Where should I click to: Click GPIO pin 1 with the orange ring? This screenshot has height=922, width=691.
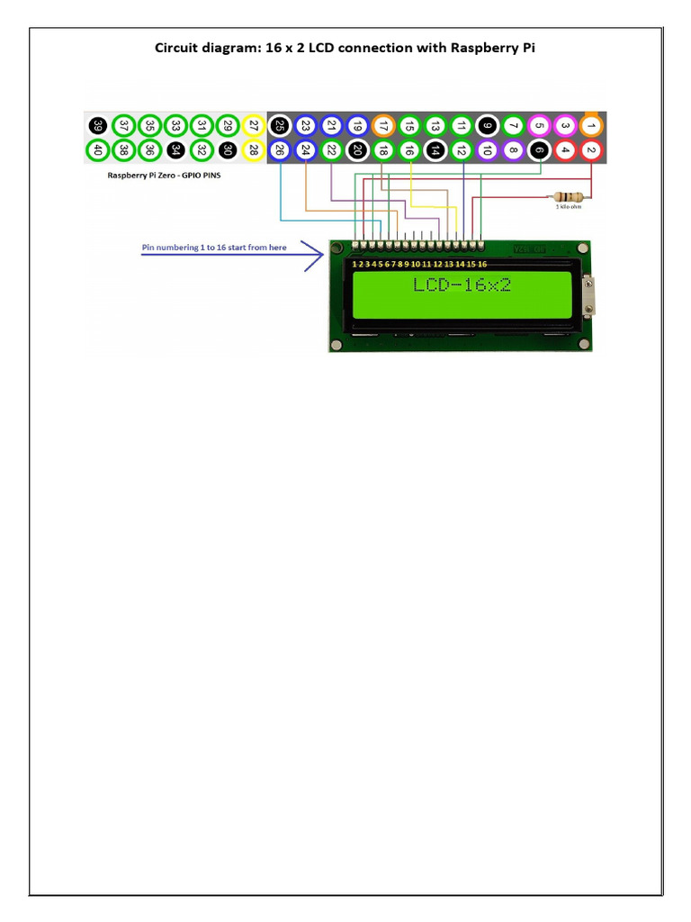click(x=591, y=126)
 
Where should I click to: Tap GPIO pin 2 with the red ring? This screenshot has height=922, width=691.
click(x=591, y=150)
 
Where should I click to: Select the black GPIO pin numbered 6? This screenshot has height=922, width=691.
click(x=539, y=150)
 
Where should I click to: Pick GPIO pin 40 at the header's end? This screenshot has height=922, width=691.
click(x=98, y=150)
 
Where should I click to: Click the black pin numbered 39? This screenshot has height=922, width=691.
click(x=98, y=126)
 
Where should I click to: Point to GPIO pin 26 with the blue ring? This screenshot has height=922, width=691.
click(x=280, y=150)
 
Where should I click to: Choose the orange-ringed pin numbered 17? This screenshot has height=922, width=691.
click(x=383, y=126)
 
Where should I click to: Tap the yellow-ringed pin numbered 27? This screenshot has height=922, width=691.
click(x=254, y=126)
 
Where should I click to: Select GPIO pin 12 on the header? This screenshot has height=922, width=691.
click(x=462, y=150)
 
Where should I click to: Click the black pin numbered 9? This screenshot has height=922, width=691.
click(x=487, y=126)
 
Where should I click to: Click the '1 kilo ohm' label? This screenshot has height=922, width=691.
click(x=569, y=206)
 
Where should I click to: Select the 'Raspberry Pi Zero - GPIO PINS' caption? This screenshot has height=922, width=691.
click(x=164, y=176)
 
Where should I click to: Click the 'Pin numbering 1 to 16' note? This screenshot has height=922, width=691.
click(x=214, y=247)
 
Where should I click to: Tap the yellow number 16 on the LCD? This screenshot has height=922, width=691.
click(x=482, y=265)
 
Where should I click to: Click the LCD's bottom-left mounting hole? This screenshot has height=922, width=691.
click(x=337, y=345)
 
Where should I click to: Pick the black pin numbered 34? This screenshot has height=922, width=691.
click(x=176, y=150)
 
